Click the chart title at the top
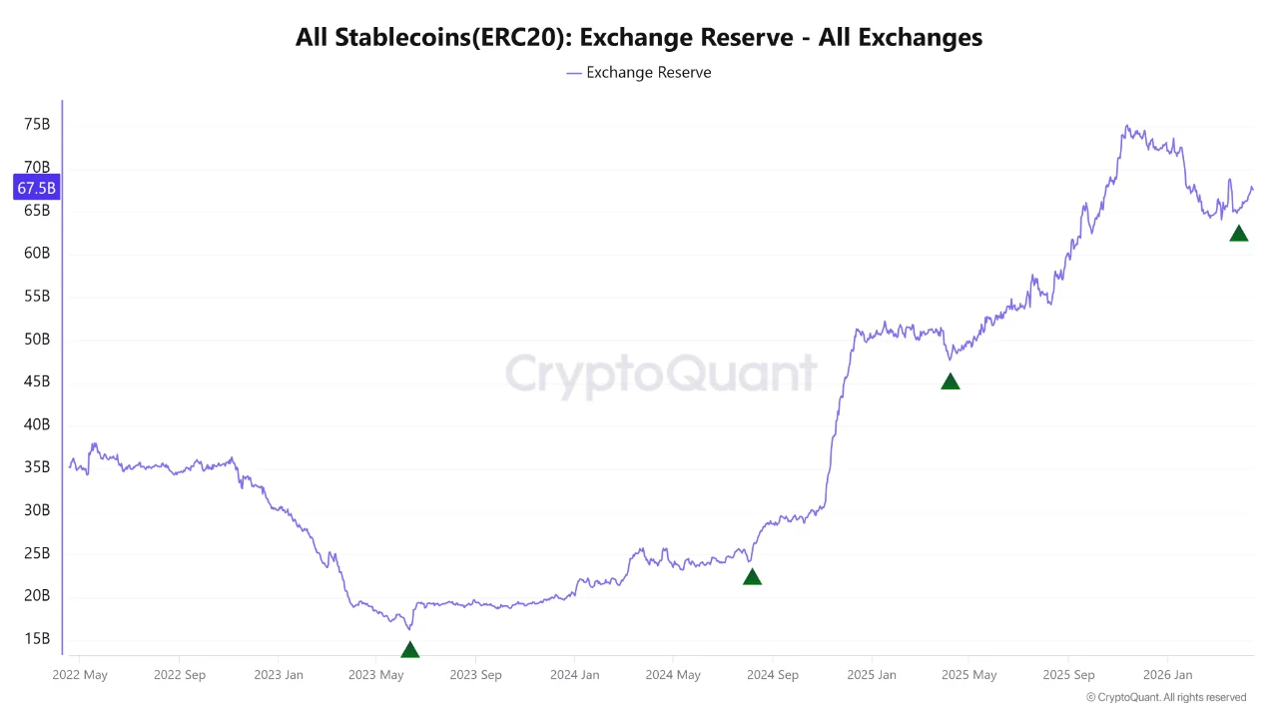click(x=639, y=38)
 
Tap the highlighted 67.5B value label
click(x=37, y=188)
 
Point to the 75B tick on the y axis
click(x=37, y=125)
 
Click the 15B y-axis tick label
click(x=37, y=639)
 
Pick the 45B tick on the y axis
click(x=37, y=382)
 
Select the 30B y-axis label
click(x=37, y=510)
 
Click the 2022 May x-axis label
click(x=80, y=675)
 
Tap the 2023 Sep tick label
click(x=475, y=675)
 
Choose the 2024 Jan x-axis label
click(x=575, y=675)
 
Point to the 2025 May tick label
click(x=969, y=675)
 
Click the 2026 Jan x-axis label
click(x=1168, y=675)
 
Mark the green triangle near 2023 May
click(x=409, y=650)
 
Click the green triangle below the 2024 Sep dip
click(x=752, y=576)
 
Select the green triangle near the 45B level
click(x=951, y=381)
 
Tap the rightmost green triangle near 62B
click(x=1239, y=234)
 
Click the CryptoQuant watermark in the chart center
click(x=660, y=373)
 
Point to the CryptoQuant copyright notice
click(x=1166, y=697)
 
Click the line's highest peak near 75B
click(x=1127, y=127)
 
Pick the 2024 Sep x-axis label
click(x=772, y=675)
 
